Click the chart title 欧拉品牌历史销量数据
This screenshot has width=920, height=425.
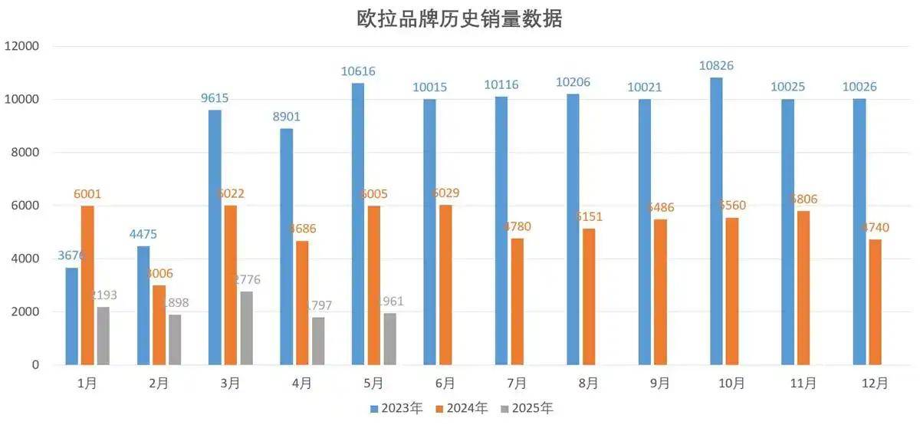click(x=459, y=19)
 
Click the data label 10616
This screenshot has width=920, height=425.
click(x=358, y=71)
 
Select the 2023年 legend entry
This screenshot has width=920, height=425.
click(x=396, y=408)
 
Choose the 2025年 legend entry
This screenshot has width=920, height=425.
click(x=527, y=408)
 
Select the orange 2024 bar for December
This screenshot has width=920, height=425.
click(x=875, y=302)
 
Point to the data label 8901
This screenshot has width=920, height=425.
click(x=286, y=117)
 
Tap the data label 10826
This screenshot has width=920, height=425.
click(x=716, y=66)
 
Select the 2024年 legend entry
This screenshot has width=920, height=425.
click(x=462, y=408)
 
